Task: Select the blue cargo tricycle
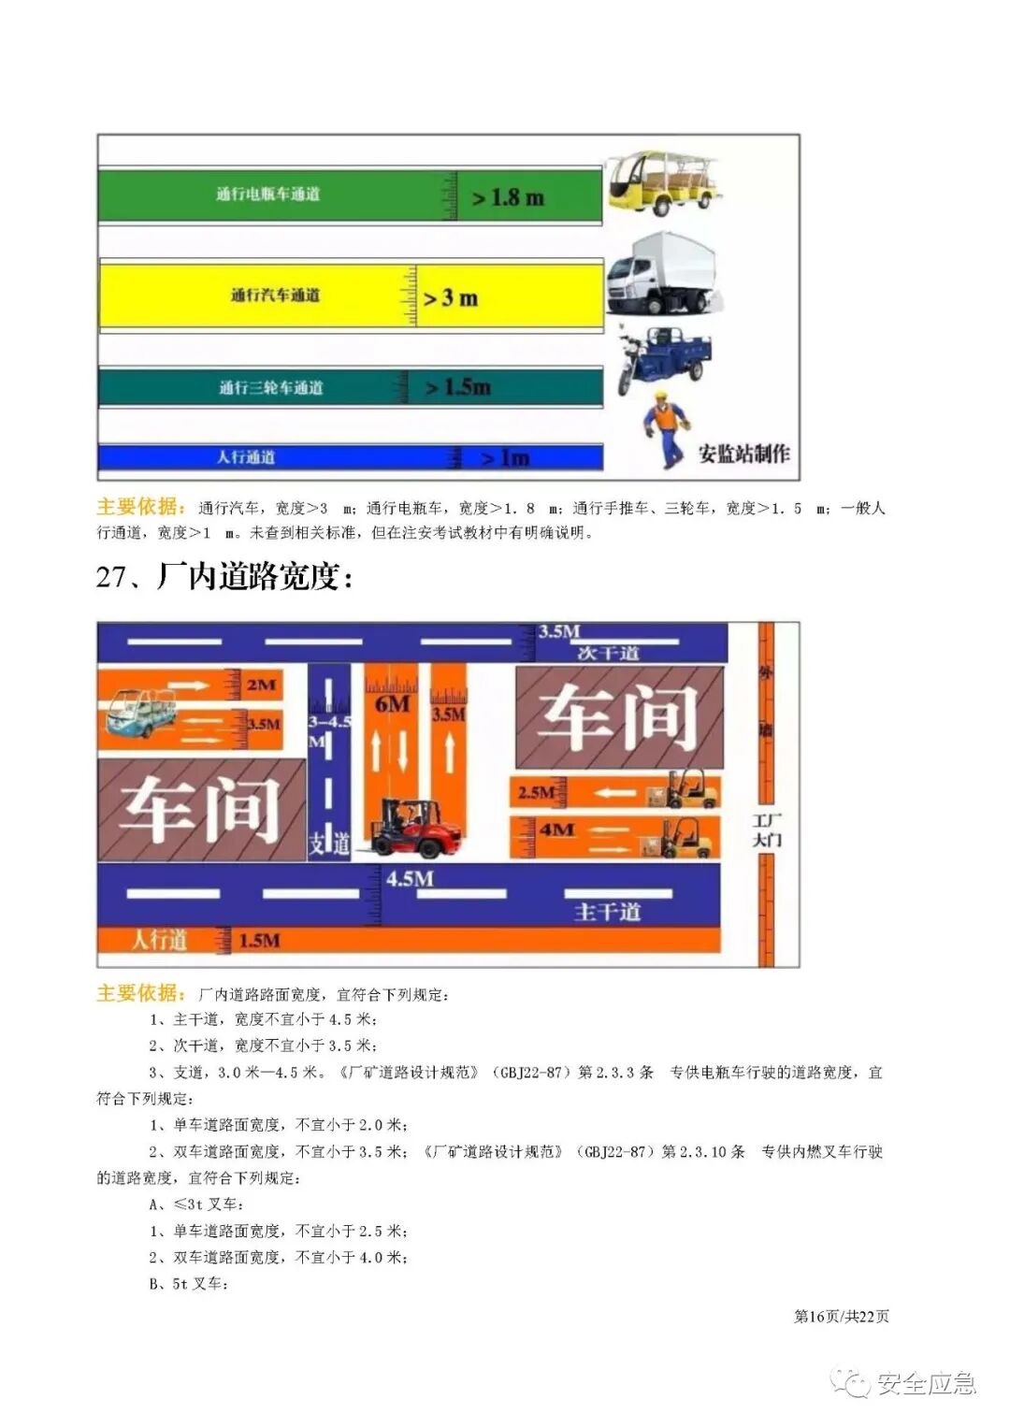(x=662, y=357)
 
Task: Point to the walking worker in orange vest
(x=666, y=429)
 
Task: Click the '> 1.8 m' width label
(x=508, y=197)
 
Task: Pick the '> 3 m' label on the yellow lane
(x=451, y=298)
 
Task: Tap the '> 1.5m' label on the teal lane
(x=457, y=387)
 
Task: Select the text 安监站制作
(x=743, y=454)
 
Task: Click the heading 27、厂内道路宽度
(x=224, y=576)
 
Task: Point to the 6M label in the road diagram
(x=392, y=704)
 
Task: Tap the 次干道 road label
(x=608, y=652)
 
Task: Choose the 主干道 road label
(x=607, y=911)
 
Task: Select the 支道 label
(x=328, y=844)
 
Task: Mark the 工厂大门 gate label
(x=767, y=829)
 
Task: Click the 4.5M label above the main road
(x=410, y=878)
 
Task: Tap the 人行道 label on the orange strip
(x=159, y=939)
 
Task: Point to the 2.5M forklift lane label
(x=536, y=792)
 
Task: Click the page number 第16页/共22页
(x=841, y=1316)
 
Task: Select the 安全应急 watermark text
(x=925, y=1383)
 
